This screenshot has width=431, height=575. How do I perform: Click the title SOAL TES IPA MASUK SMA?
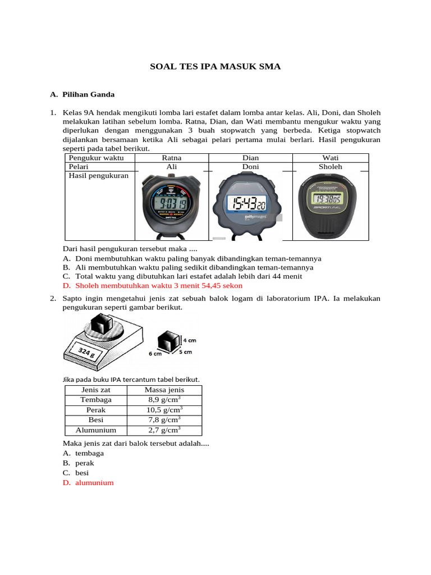pyautogui.click(x=215, y=67)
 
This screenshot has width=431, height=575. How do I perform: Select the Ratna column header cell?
pyautogui.click(x=172, y=158)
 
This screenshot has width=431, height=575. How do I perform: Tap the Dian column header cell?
pyautogui.click(x=250, y=158)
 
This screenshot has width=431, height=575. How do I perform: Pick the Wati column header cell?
pyautogui.click(x=330, y=158)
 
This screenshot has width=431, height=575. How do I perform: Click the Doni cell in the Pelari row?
pyautogui.click(x=250, y=167)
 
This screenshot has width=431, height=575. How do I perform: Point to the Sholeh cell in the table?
pyautogui.click(x=330, y=167)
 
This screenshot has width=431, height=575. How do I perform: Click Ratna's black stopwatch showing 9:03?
pyautogui.click(x=167, y=205)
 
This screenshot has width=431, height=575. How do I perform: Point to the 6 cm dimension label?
pyautogui.click(x=155, y=354)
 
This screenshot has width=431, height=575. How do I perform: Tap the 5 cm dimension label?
pyautogui.click(x=185, y=352)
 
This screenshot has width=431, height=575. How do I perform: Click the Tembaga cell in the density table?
pyautogui.click(x=96, y=400)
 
